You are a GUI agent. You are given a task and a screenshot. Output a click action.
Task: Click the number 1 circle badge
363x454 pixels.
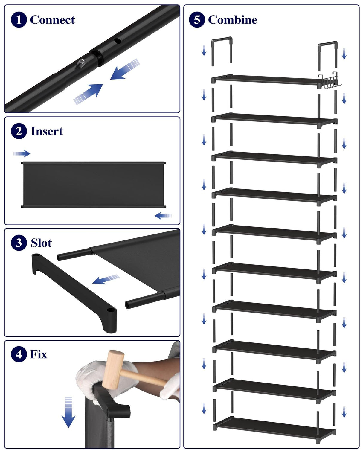19,20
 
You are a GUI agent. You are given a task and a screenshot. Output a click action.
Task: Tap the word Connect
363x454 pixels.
52,20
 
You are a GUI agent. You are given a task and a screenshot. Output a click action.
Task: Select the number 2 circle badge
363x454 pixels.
19,131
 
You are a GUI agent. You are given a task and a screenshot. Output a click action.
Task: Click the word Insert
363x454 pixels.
47,131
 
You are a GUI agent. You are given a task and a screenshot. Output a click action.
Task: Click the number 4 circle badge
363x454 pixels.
19,354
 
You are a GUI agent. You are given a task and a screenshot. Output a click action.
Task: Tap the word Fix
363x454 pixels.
39,354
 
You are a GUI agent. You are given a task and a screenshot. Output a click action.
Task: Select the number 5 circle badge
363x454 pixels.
197,20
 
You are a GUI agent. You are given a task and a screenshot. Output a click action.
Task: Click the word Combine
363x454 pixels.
233,20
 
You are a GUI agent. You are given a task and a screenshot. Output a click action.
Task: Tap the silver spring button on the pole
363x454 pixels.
81,63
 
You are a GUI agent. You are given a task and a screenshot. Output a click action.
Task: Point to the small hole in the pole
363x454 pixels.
118,41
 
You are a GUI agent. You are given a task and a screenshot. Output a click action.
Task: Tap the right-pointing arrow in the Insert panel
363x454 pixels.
22,154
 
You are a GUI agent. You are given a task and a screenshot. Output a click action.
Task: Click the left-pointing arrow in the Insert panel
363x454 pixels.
163,215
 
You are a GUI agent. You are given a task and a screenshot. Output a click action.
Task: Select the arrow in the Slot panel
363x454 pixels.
106,279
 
